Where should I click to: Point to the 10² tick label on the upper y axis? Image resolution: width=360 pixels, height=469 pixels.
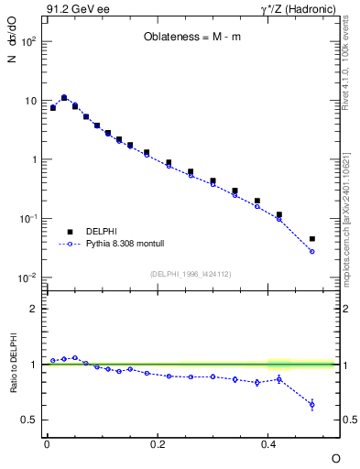point(27,42)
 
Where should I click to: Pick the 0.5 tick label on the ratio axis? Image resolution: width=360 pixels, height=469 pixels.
point(29,420)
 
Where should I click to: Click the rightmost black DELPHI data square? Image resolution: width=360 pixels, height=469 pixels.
point(312,239)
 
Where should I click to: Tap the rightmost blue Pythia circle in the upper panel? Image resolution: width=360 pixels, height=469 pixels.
point(312,251)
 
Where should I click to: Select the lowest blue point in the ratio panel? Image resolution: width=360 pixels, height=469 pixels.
point(312,404)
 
